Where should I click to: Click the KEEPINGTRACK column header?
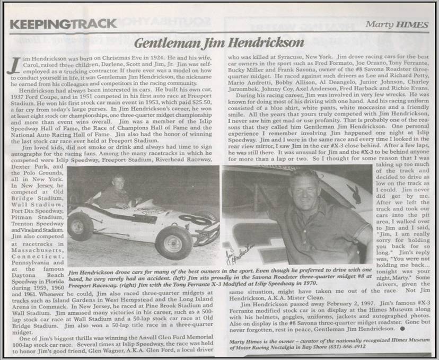[x=63, y=23]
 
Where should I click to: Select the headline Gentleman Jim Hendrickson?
[x=219, y=42]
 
